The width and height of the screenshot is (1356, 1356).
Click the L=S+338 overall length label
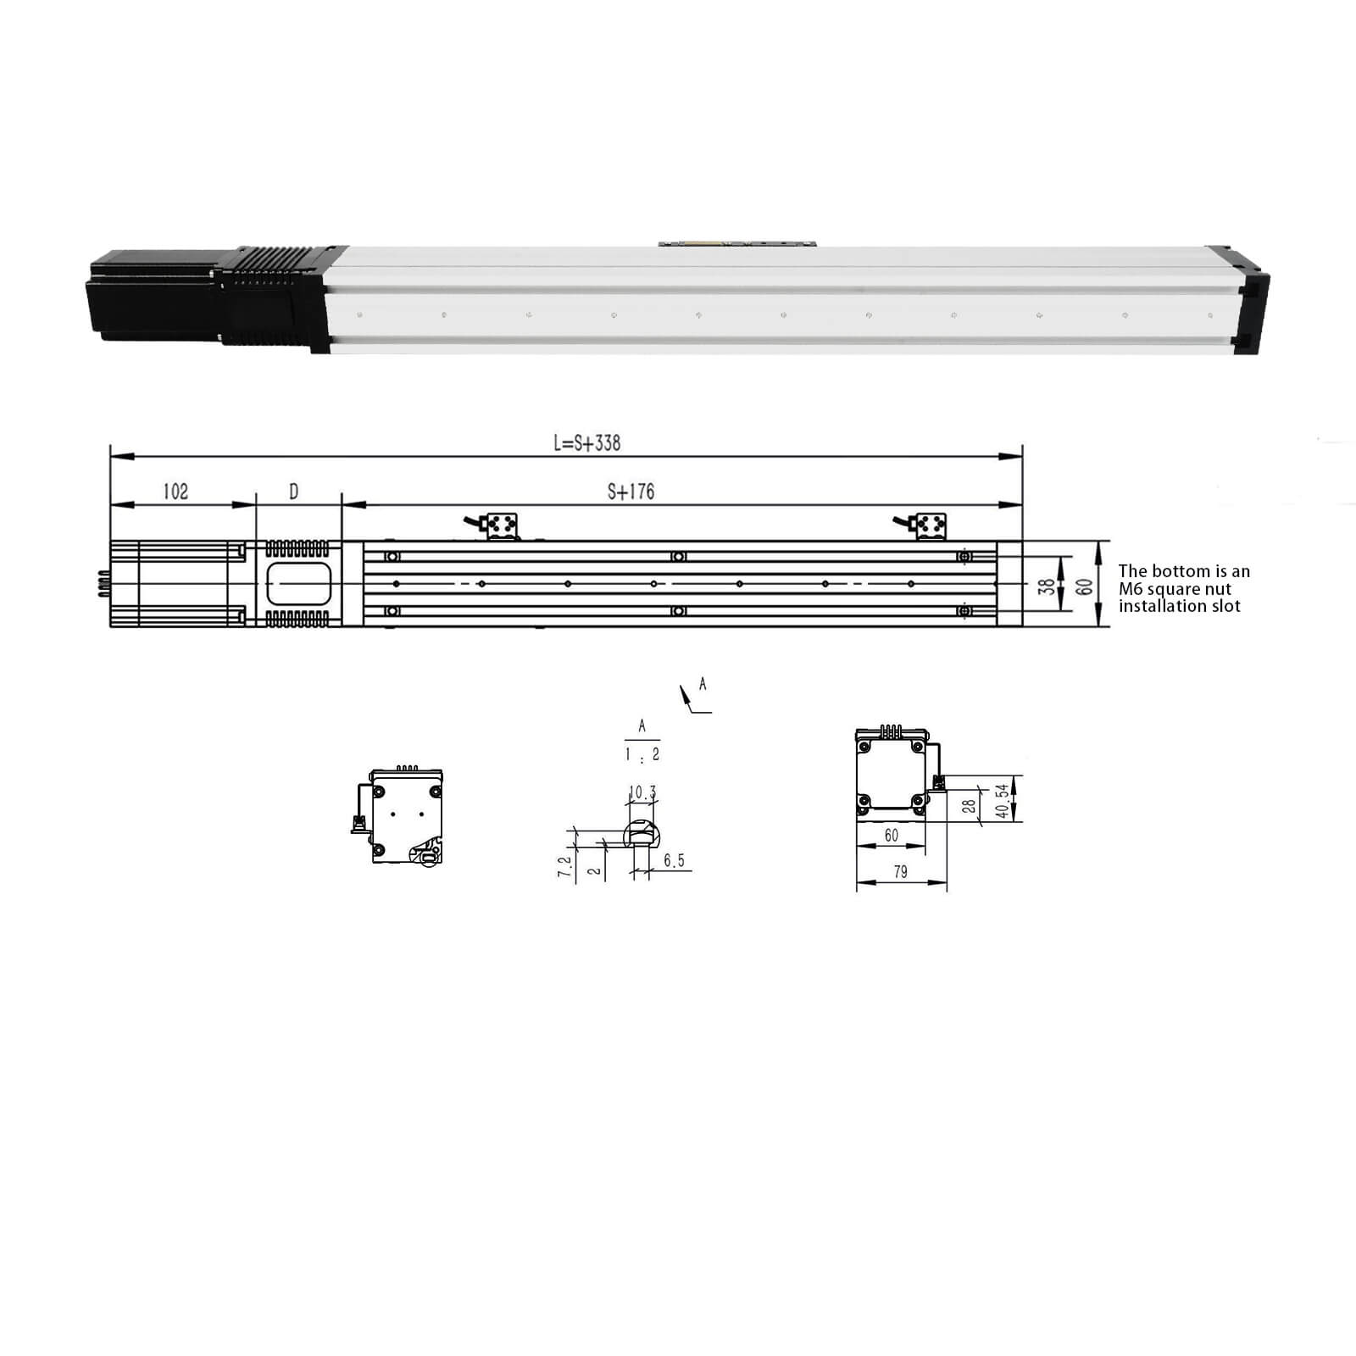pyautogui.click(x=586, y=442)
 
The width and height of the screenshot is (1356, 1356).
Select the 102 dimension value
pyautogui.click(x=175, y=492)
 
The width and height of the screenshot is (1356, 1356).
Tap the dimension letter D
pyautogui.click(x=294, y=492)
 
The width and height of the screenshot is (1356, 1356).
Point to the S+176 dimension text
pyautogui.click(x=631, y=492)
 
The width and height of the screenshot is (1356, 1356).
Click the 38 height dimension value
pyautogui.click(x=1048, y=585)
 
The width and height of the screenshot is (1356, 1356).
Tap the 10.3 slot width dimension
pyautogui.click(x=642, y=793)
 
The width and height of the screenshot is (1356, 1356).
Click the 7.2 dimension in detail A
pyautogui.click(x=564, y=867)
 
